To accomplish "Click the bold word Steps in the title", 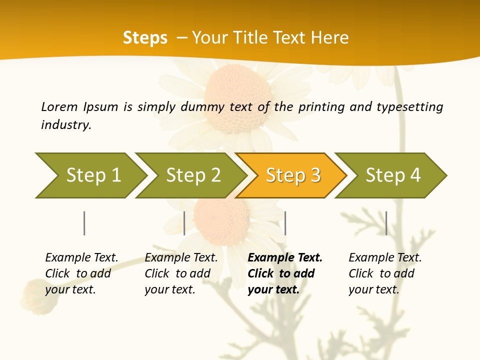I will click(x=145, y=38).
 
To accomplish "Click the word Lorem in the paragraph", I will click(x=59, y=106).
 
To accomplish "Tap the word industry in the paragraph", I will click(x=66, y=125).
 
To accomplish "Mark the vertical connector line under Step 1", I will click(x=84, y=223).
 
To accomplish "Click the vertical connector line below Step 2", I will click(x=184, y=223).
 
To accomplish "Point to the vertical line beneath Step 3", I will click(x=285, y=223).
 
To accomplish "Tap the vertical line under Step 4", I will click(x=386, y=223).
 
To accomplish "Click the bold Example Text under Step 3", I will click(x=285, y=258).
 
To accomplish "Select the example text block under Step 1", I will click(x=81, y=273).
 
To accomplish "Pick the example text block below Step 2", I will click(x=181, y=273).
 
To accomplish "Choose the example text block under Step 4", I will click(x=385, y=273).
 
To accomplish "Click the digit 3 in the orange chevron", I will click(x=315, y=175).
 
